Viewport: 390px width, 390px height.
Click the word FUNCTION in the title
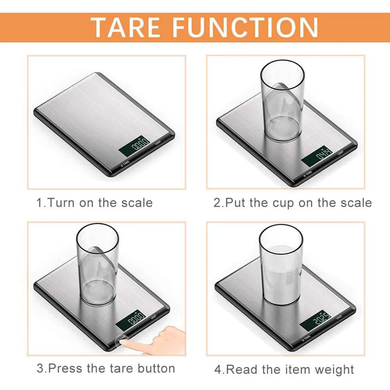(x=246, y=27)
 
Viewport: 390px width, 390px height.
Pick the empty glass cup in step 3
(x=97, y=265)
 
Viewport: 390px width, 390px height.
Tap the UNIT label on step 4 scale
(x=339, y=317)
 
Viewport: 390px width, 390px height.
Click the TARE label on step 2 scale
(x=307, y=173)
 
